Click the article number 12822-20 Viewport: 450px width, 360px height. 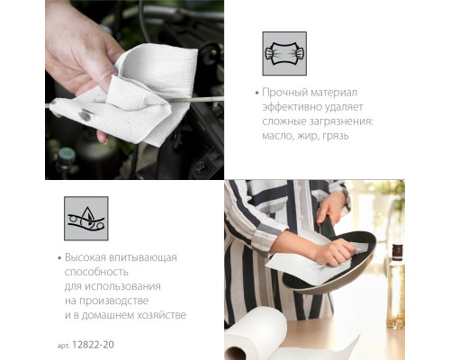pyautogui.click(x=93, y=345)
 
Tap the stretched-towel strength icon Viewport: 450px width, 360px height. pyautogui.click(x=284, y=53)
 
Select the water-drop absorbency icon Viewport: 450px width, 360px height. pyautogui.click(x=86, y=219)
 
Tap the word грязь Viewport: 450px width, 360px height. pyautogui.click(x=336, y=136)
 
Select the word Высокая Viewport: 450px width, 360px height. pyautogui.click(x=85, y=257)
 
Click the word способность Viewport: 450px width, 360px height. pyautogui.click(x=96, y=272)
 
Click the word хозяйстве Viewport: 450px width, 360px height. pyautogui.click(x=161, y=315)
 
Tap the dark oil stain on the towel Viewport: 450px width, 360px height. pyautogui.click(x=85, y=114)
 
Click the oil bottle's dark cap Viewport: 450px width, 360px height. pyautogui.click(x=397, y=253)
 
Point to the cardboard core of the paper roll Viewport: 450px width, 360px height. pyautogui.click(x=235, y=354)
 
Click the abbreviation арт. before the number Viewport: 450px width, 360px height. pyautogui.click(x=63, y=346)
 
